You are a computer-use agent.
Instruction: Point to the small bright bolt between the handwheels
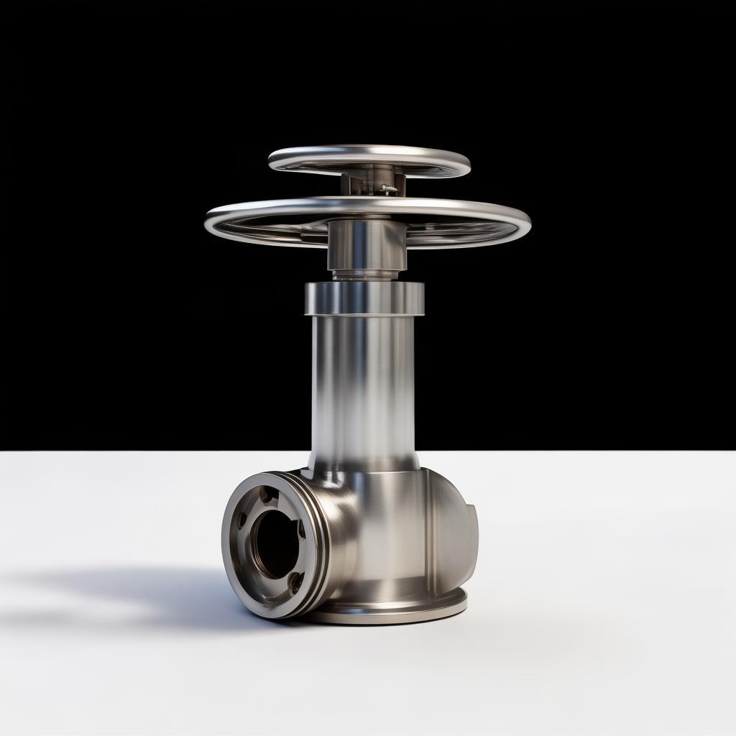pos(387,189)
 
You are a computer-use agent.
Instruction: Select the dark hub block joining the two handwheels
pos(372,180)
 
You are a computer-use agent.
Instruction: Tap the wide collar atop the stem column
pos(364,298)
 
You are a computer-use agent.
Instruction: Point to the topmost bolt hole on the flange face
pos(266,494)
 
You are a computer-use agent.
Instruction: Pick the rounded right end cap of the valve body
pos(456,546)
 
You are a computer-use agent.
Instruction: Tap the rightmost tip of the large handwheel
pos(530,223)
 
